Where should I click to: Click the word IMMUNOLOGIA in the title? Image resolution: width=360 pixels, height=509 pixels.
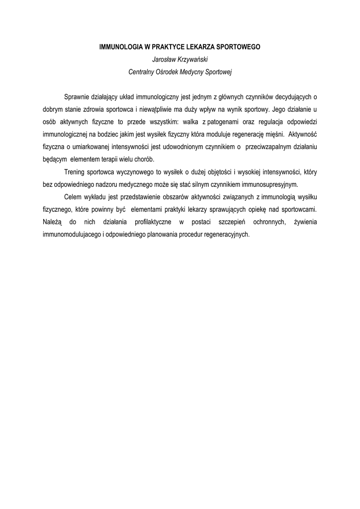click(117, 47)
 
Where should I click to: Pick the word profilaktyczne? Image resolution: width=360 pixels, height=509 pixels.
click(152, 222)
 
